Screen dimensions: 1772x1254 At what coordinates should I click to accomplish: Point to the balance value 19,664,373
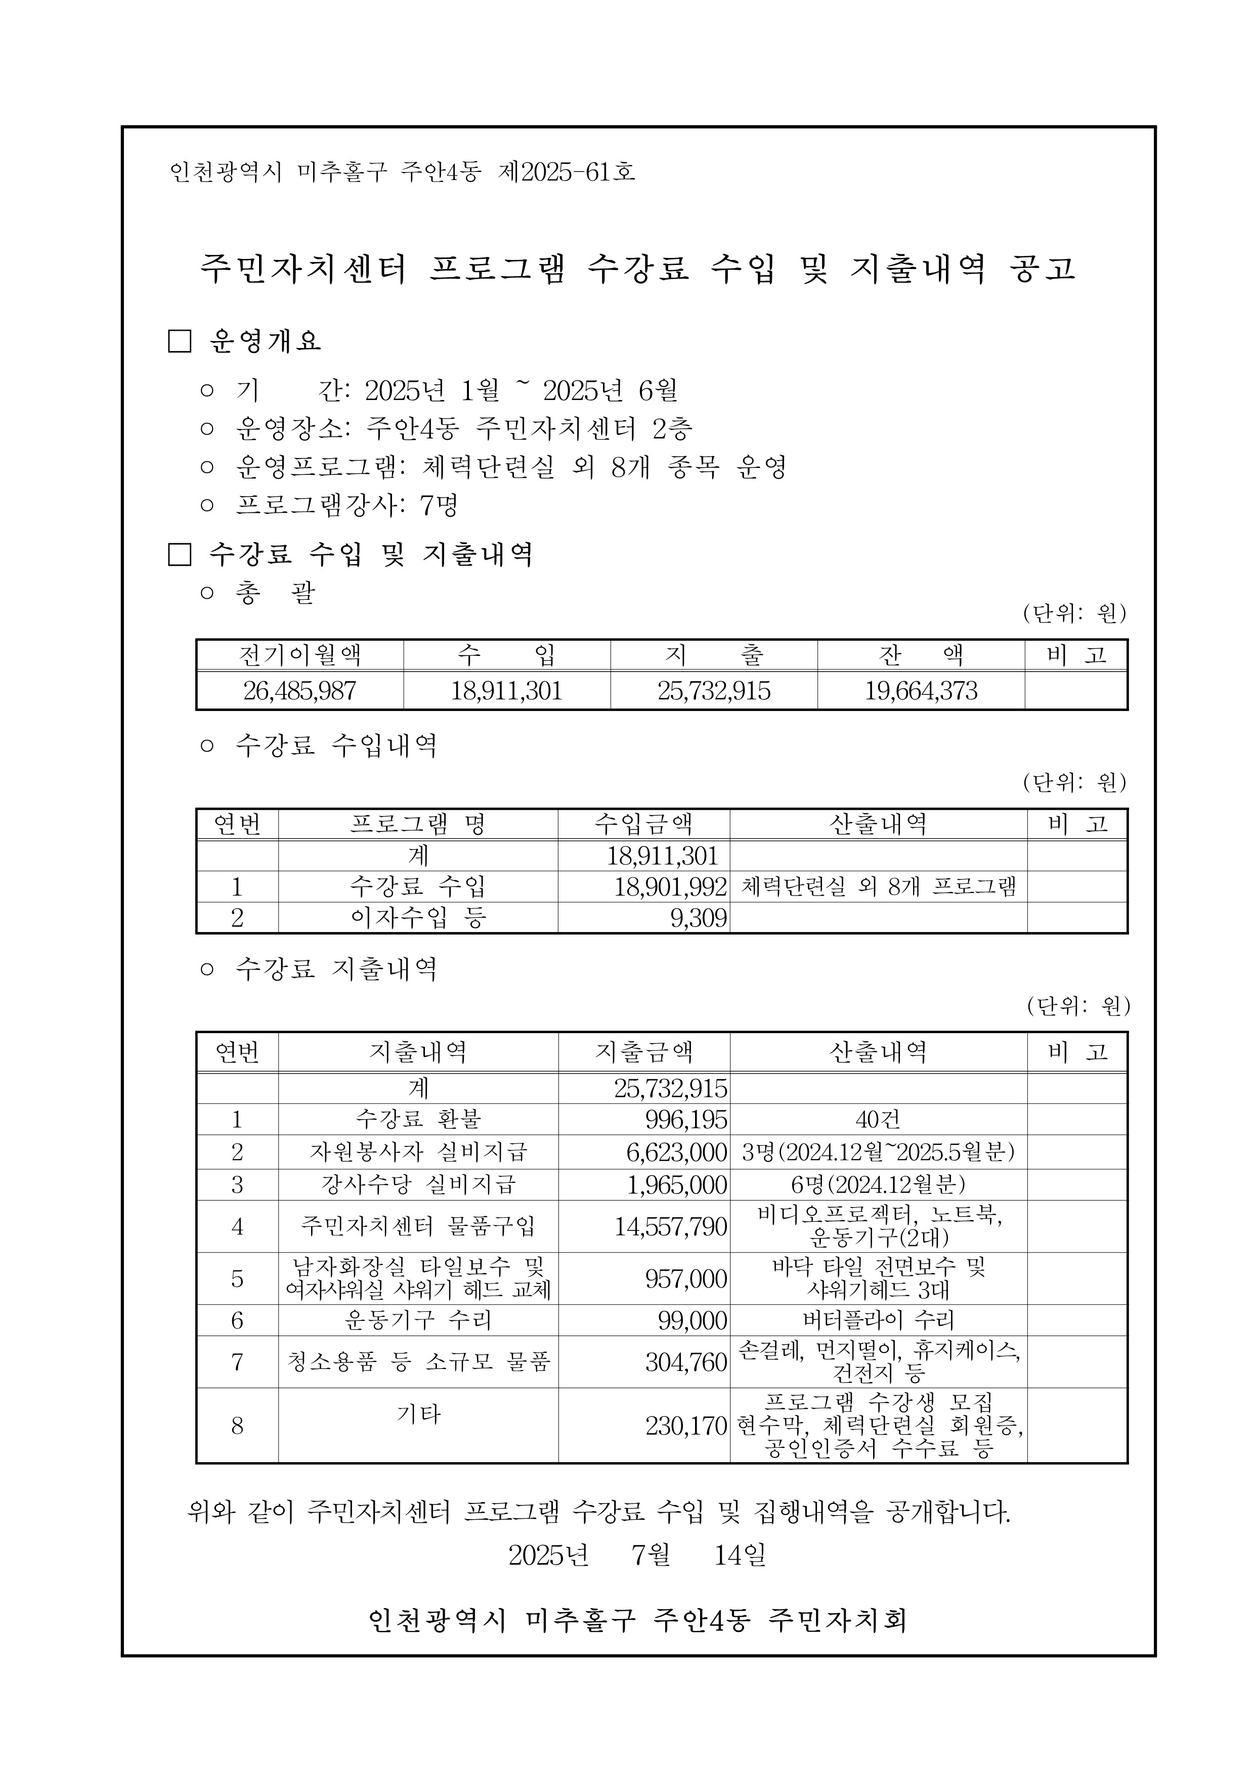click(921, 691)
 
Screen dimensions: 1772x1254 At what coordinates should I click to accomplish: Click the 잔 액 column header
click(921, 655)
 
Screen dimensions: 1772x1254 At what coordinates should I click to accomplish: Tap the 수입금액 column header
click(643, 824)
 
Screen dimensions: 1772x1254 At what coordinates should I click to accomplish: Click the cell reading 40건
click(878, 1119)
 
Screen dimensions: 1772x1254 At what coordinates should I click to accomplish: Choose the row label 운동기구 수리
click(418, 1320)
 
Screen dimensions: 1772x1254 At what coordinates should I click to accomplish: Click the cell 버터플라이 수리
click(878, 1320)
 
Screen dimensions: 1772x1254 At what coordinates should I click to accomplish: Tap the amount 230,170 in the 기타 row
click(686, 1426)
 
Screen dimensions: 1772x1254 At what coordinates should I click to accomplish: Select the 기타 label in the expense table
click(418, 1414)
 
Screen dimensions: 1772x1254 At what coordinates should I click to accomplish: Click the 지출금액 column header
click(643, 1052)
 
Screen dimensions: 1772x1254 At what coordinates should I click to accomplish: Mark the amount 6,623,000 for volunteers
click(676, 1153)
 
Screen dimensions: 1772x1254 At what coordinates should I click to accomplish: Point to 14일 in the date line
click(740, 1555)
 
